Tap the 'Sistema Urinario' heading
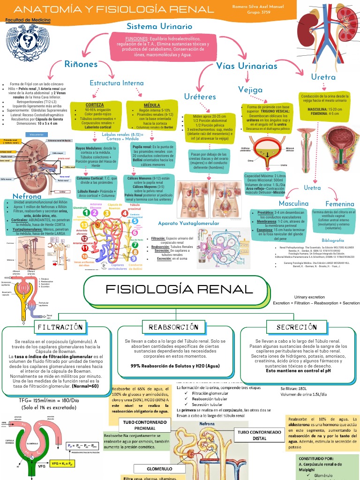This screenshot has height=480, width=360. pyautogui.click(x=159, y=27)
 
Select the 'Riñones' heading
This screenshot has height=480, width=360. pyautogui.click(x=81, y=64)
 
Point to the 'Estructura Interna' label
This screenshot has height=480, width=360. pyautogui.click(x=117, y=83)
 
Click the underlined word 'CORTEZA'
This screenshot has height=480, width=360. pyautogui.click(x=95, y=105)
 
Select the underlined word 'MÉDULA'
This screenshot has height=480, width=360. pyautogui.click(x=151, y=105)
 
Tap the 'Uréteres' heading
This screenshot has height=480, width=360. pyautogui.click(x=200, y=97)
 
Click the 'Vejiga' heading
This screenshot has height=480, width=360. pyautogui.click(x=250, y=89)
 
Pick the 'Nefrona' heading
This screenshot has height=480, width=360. pyautogui.click(x=27, y=196)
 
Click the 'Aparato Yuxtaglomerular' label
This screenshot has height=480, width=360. pyautogui.click(x=188, y=224)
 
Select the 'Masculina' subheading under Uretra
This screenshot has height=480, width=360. pyautogui.click(x=293, y=203)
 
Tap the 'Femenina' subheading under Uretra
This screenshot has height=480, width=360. pyautogui.click(x=340, y=204)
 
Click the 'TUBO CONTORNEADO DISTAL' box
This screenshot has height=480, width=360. pyautogui.click(x=256, y=434)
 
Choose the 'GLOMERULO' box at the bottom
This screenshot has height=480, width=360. pyautogui.click(x=160, y=469)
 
